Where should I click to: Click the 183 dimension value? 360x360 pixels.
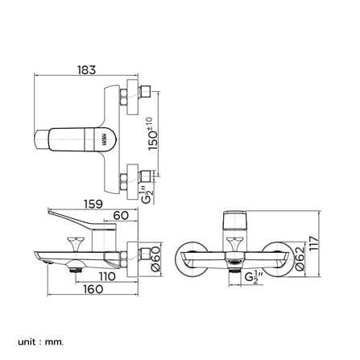click(x=86, y=70)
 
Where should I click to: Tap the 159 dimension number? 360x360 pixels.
click(x=93, y=204)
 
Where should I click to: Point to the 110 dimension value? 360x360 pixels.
click(x=107, y=276)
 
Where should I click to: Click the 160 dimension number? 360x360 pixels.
click(x=93, y=289)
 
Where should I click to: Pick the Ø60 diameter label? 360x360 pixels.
click(x=155, y=259)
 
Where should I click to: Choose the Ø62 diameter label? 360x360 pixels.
click(x=300, y=259)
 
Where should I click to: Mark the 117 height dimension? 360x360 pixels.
click(x=314, y=243)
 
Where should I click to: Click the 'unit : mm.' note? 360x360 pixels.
click(x=41, y=334)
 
